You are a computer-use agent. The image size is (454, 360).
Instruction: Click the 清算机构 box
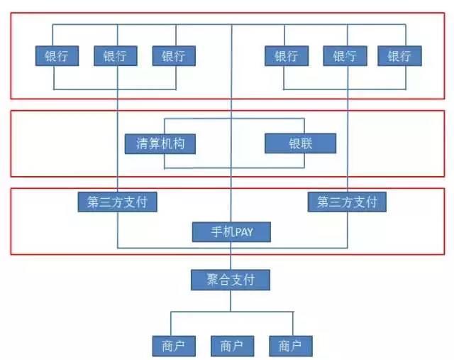(160, 143)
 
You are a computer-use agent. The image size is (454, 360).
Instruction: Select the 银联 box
(299, 143)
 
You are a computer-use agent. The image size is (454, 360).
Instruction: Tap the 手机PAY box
(231, 231)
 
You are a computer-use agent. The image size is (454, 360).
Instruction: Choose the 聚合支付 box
(231, 279)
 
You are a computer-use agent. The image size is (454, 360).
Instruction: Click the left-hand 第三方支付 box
(117, 202)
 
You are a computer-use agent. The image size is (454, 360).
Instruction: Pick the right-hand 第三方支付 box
(347, 202)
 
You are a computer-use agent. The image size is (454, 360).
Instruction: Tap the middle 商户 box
(231, 346)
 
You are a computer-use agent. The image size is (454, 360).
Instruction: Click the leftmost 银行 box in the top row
(56, 56)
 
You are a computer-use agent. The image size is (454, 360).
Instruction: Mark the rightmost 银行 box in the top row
(399, 56)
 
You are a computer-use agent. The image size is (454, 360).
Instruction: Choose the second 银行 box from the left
(115, 56)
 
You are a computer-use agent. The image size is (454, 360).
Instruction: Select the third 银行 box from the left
(173, 56)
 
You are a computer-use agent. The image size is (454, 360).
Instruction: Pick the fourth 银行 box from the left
(287, 56)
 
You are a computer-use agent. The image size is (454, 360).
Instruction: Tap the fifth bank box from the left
(344, 56)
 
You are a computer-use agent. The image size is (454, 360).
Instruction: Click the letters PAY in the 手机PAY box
(242, 231)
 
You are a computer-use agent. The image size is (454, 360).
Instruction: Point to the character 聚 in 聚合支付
(213, 279)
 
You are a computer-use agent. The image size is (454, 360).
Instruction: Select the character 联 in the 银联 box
(306, 143)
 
